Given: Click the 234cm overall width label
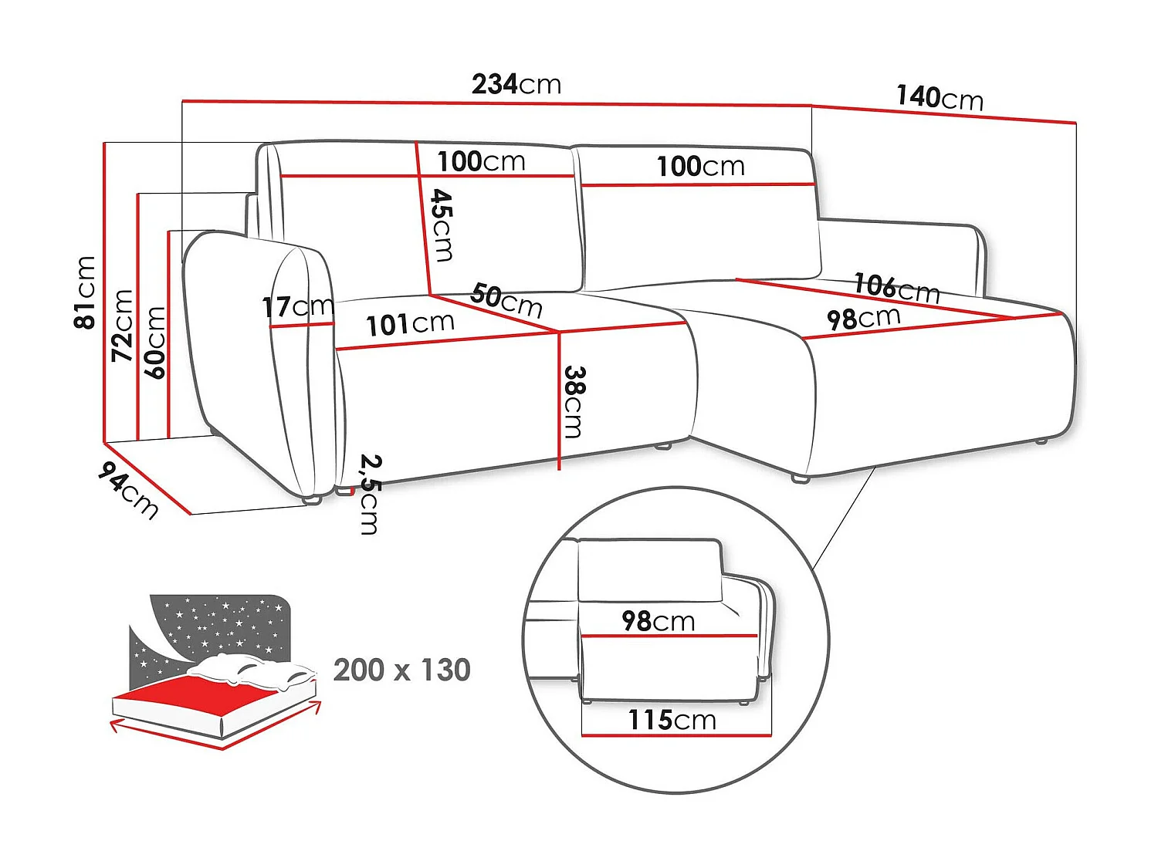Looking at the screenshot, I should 516,83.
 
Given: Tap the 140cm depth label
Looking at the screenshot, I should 940,98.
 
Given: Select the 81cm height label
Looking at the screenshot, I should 84,292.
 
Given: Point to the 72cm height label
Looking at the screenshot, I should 122,326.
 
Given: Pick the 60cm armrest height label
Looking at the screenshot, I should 154,343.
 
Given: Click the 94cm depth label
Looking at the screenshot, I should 128,490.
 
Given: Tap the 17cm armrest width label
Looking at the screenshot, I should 297,307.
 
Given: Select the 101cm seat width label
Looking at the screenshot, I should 410,324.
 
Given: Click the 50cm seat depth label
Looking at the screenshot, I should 506,300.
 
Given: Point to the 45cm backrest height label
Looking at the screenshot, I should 442,225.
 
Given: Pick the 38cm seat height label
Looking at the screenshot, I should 574,401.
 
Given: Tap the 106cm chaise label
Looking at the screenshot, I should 896,288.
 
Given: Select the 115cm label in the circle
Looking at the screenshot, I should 672,720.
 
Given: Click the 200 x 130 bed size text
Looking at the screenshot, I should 401,670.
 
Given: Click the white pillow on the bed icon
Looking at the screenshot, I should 255,670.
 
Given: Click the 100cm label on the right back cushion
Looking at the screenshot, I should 700,166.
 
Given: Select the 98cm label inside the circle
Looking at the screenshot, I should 658,620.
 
